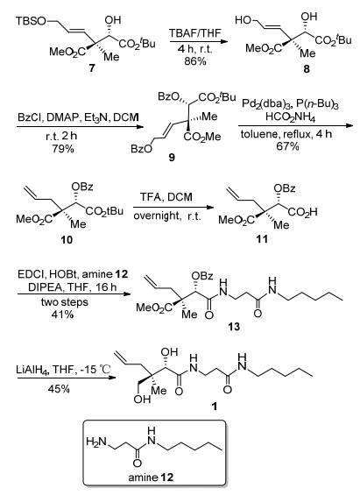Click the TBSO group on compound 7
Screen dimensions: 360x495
pyautogui.click(x=31, y=22)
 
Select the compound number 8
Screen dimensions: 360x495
pyautogui.click(x=307, y=69)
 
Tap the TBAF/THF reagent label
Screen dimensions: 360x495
pyautogui.click(x=195, y=33)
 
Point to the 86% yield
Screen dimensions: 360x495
pyautogui.click(x=195, y=60)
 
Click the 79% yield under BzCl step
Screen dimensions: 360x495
pyautogui.click(x=63, y=148)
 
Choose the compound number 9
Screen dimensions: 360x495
pyautogui.click(x=172, y=157)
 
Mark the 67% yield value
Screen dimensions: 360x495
pyautogui.click(x=287, y=145)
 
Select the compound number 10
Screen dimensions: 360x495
pyautogui.click(x=67, y=239)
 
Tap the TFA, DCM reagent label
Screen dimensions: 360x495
pyautogui.click(x=166, y=197)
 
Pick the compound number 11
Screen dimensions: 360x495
pyautogui.click(x=263, y=239)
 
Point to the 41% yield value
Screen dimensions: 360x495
pyautogui.click(x=63, y=315)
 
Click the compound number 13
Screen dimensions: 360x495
pyautogui.click(x=235, y=326)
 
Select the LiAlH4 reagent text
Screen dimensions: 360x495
pyautogui.click(x=32, y=370)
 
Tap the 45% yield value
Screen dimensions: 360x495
pyautogui.click(x=59, y=389)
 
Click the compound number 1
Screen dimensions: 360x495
pyautogui.click(x=215, y=406)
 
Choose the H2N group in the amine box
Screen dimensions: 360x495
pyautogui.click(x=96, y=442)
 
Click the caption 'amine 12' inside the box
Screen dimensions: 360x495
pyautogui.click(x=151, y=477)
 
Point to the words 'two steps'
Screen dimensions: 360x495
pyautogui.click(x=64, y=302)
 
